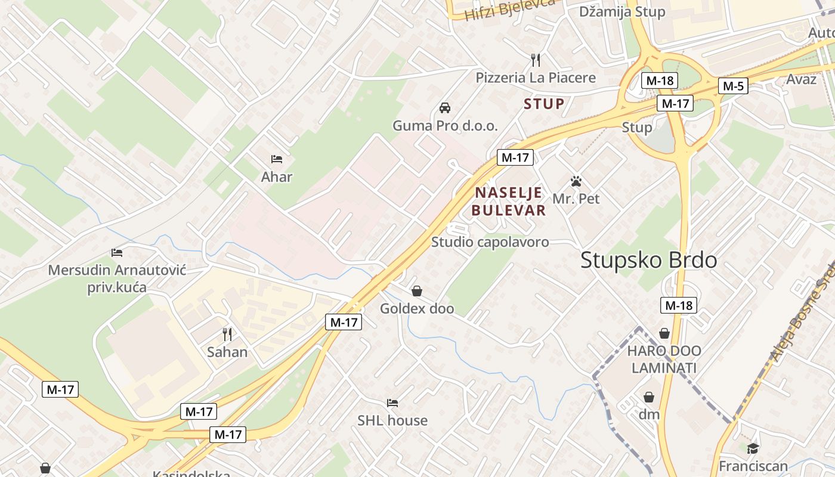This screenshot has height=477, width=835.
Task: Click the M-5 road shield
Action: point(733,86)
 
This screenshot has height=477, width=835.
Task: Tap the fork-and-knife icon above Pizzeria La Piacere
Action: point(536,60)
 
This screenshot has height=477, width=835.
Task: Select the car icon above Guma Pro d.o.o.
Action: point(444,108)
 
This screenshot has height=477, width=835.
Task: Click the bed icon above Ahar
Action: point(277,159)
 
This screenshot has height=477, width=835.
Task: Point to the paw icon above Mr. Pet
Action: point(576,181)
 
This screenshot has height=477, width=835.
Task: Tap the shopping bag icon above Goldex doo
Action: point(417,291)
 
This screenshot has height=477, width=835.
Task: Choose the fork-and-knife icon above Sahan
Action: point(227,334)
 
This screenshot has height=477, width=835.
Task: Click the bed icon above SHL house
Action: point(392,403)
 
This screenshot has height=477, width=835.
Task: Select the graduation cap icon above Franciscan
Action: point(753,448)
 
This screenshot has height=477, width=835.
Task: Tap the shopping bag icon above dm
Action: point(649,397)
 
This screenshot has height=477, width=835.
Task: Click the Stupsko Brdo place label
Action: point(648,260)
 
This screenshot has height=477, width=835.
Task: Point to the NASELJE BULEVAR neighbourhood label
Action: point(509,201)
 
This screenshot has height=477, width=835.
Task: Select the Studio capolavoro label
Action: point(490,242)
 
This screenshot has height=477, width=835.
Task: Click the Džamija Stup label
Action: point(622,12)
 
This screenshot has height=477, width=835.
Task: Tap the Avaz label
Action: point(801,79)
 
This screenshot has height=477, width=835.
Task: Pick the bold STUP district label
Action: point(544,104)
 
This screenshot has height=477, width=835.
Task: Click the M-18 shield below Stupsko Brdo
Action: point(679,306)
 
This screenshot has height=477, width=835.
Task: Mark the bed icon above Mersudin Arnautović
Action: point(117,253)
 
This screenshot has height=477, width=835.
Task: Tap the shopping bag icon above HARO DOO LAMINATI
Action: point(664,333)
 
